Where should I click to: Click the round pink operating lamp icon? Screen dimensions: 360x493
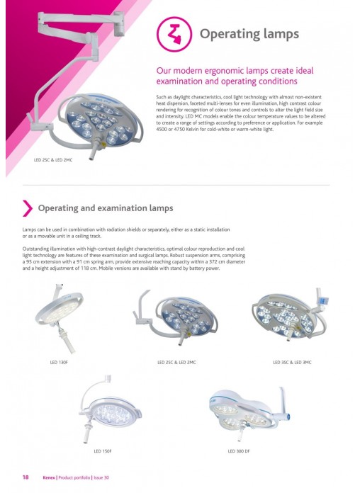(174, 34)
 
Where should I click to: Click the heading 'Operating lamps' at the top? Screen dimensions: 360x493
(249, 34)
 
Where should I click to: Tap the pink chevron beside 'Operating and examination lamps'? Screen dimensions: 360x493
(28, 208)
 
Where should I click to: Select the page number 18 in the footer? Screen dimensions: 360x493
(26, 477)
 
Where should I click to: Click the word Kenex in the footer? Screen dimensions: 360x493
(49, 477)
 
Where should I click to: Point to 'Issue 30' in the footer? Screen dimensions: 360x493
(101, 477)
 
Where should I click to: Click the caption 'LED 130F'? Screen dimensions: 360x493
(59, 362)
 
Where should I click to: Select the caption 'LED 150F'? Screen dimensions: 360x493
(103, 451)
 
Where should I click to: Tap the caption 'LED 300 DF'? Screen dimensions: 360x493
(239, 451)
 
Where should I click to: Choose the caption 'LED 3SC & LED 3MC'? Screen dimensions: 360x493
(292, 362)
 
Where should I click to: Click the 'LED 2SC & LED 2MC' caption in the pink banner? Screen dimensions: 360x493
(53, 160)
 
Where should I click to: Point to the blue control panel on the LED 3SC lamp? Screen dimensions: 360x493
(323, 300)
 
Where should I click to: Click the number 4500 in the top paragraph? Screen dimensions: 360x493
(162, 129)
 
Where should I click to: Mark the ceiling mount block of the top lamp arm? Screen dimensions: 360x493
(119, 24)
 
